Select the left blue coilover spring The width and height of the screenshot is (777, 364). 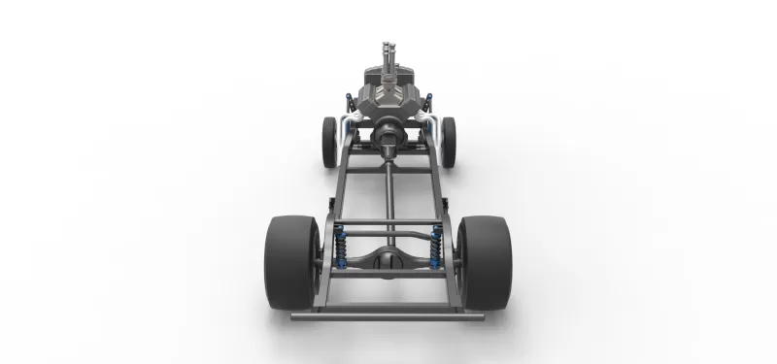[341, 249]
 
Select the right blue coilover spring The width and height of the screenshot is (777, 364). [436, 249]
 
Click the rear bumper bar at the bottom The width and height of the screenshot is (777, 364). [388, 314]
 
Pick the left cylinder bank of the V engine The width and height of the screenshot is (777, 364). [370, 97]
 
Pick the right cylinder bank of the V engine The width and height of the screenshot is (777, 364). [408, 97]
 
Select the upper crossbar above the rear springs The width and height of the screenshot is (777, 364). [388, 229]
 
